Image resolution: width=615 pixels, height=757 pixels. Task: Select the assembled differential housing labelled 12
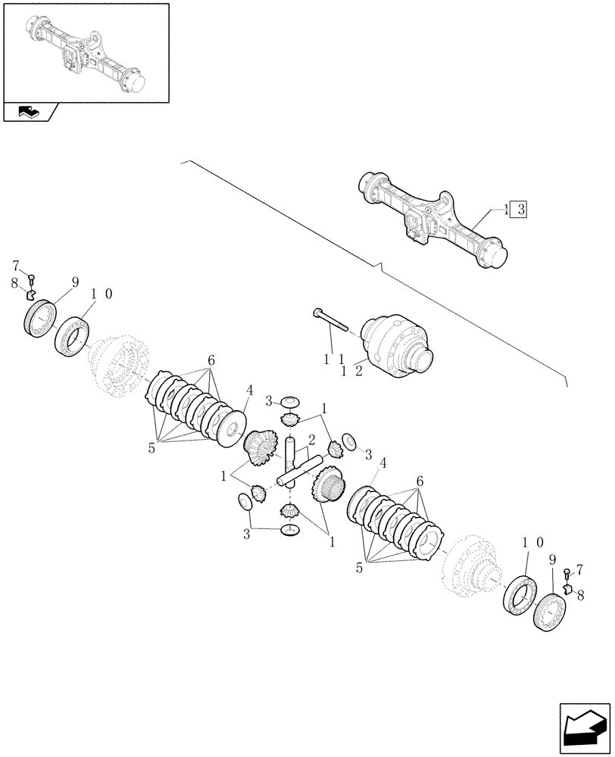pos(398,344)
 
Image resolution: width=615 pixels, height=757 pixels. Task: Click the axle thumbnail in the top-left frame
pos(85,52)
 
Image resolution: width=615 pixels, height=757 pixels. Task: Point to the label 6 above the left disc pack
pos(211,360)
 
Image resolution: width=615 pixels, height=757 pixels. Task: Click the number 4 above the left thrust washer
pos(248,392)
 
